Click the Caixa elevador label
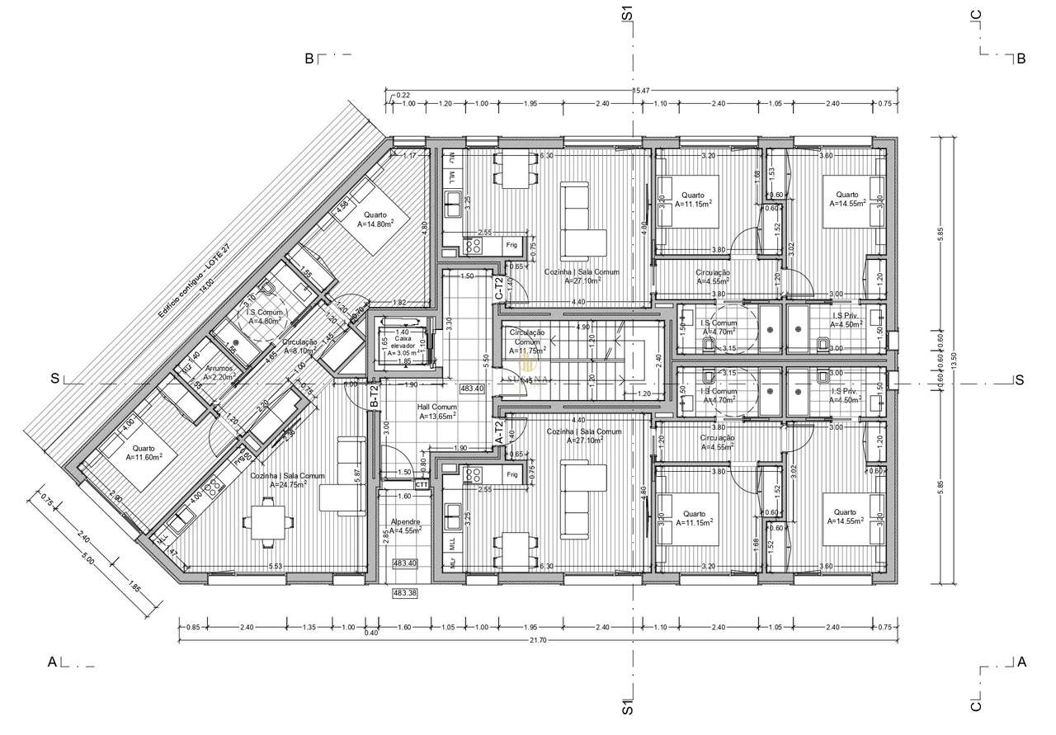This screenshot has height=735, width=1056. coord(402,342)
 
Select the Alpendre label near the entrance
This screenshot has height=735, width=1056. coord(405,525)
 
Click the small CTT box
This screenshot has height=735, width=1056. coord(422,485)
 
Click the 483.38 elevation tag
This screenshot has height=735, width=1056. coord(404,592)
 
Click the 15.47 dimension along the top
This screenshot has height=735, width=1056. coord(642,88)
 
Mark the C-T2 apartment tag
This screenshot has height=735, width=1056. coord(498,289)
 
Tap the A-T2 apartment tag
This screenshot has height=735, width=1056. coord(498,433)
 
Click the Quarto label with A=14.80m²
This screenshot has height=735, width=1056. coord(375,219)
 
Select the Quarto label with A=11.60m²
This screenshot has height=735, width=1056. coord(144,452)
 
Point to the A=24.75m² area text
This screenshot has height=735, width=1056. coord(288,485)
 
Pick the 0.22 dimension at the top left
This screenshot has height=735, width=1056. coord(403,96)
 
